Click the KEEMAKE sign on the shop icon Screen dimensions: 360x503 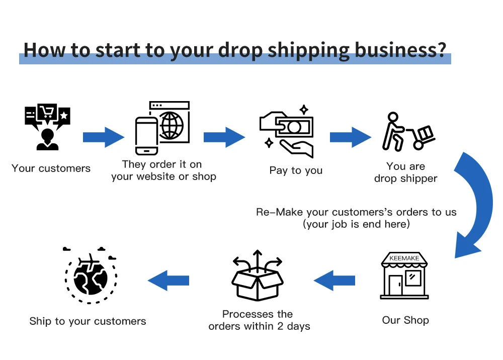click(x=404, y=258)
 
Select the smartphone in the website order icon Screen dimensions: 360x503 click(x=146, y=135)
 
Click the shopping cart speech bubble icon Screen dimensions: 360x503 click(x=47, y=113)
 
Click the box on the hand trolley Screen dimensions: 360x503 click(x=426, y=133)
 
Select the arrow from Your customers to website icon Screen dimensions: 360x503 click(x=103, y=137)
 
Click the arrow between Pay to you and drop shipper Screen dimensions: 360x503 click(x=350, y=137)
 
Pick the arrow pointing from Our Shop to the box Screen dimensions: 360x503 click(x=334, y=280)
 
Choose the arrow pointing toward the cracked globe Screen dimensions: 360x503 click(x=169, y=280)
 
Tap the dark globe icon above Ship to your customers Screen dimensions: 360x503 click(x=91, y=277)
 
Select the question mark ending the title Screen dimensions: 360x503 click(x=442, y=50)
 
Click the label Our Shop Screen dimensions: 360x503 click(x=405, y=320)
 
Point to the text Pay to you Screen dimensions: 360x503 click(x=296, y=170)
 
